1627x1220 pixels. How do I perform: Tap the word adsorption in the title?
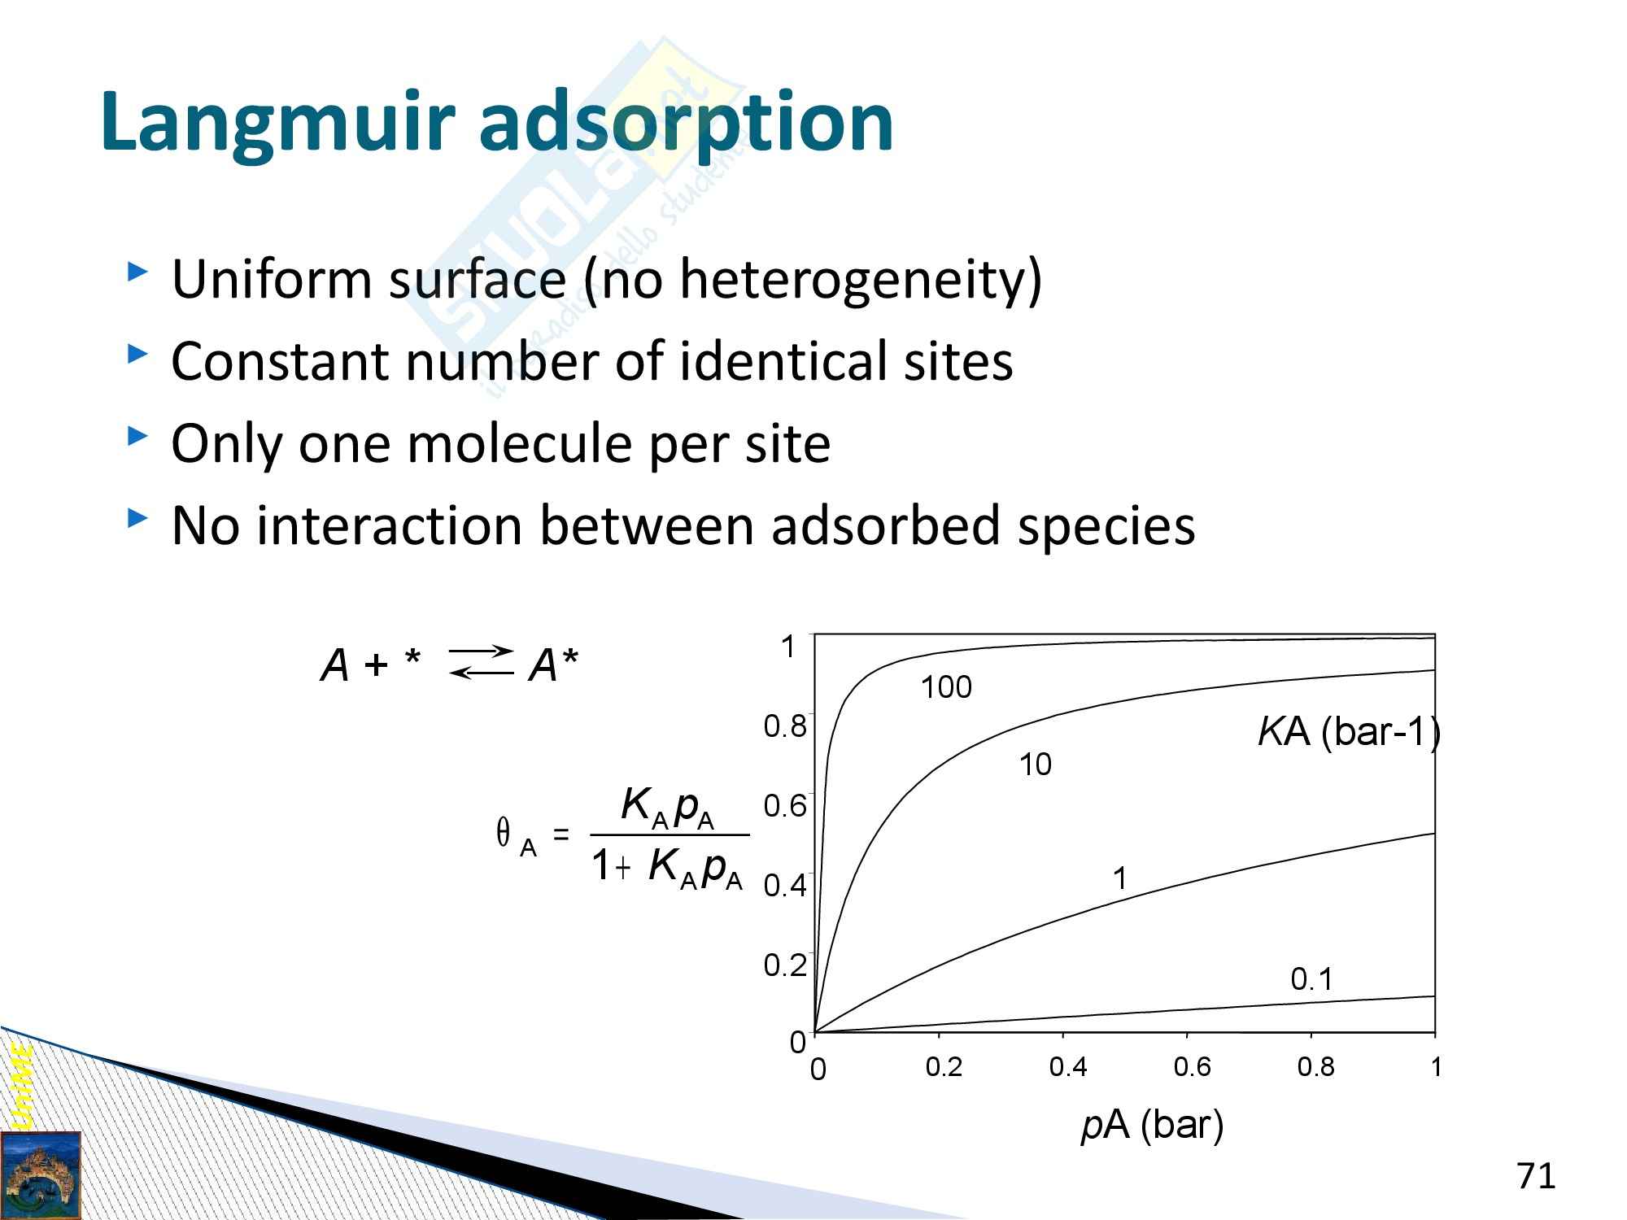[x=687, y=122]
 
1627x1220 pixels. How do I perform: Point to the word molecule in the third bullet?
[x=519, y=443]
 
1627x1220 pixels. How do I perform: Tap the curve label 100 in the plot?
[x=946, y=688]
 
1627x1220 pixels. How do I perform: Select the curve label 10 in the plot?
[x=1036, y=765]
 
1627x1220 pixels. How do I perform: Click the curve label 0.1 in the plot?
[x=1312, y=979]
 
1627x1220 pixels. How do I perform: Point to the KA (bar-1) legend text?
[x=1349, y=733]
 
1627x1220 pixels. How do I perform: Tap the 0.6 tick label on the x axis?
[x=1192, y=1067]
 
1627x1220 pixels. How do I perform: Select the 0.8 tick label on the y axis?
[x=785, y=726]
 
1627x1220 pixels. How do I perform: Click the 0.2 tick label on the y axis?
[x=785, y=965]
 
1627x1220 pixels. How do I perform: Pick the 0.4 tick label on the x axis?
[x=1068, y=1067]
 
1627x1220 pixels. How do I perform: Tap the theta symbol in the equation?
[x=504, y=833]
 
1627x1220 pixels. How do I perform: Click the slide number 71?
[x=1536, y=1176]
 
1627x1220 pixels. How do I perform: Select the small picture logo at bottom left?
[x=41, y=1175]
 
